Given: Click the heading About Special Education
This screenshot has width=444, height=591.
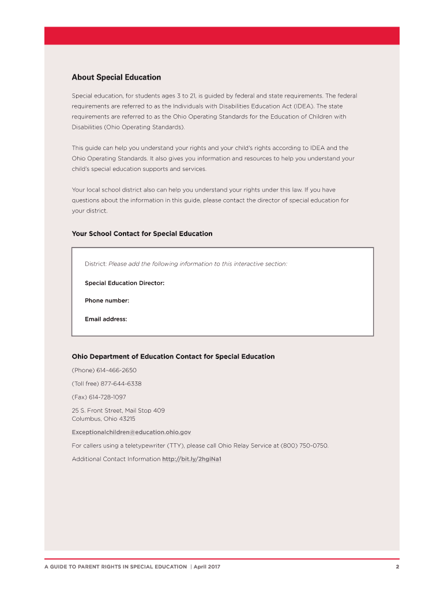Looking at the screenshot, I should (116, 77).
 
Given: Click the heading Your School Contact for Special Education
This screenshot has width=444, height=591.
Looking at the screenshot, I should (142, 234).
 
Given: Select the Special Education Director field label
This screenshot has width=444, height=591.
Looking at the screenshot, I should (125, 283).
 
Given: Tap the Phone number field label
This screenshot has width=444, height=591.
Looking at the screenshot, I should (107, 301).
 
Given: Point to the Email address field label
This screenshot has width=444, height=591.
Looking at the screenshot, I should (106, 319).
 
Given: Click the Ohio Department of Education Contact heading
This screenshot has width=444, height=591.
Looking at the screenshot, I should (173, 357).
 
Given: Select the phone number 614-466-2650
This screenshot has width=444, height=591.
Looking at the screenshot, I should (121, 370).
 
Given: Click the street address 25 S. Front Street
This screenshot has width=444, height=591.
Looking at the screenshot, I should (118, 410).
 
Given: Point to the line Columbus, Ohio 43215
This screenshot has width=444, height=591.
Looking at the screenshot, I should (103, 418).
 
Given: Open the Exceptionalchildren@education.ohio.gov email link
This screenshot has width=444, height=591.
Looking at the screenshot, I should (131, 432).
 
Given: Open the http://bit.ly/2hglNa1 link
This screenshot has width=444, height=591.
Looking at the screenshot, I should (192, 459).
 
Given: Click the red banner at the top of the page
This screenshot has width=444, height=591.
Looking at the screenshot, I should (222, 36).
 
